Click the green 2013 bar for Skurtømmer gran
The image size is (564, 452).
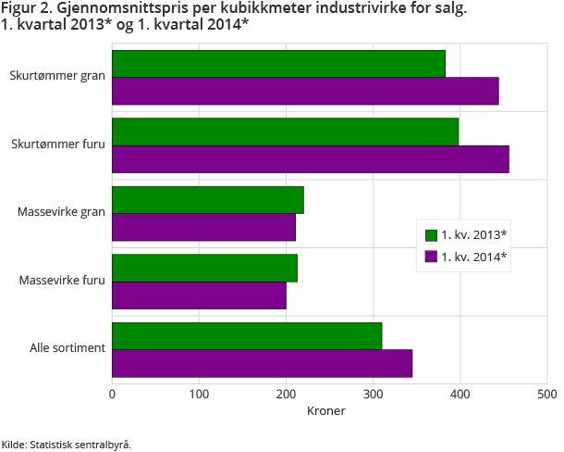coord(278,64)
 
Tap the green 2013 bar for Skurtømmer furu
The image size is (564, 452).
coord(285,132)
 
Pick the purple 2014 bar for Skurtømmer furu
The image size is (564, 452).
coord(311,158)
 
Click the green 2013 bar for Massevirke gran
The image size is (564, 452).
coord(208,200)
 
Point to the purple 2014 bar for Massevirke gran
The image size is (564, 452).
coord(203,227)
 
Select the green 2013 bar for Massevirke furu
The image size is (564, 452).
coord(204,269)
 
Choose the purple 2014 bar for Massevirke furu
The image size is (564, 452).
coord(199,295)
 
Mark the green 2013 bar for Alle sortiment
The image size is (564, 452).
coord(247,336)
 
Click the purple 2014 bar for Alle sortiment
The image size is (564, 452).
coord(262,363)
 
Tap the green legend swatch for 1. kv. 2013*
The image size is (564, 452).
coord(430,235)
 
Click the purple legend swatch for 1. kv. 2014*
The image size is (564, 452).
coord(430,257)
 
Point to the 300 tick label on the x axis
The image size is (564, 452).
coord(373,395)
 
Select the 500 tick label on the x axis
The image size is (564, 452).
coord(546,395)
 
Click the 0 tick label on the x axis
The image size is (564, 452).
coord(112,395)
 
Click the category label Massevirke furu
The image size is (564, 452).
coord(61,280)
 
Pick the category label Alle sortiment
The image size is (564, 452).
coord(67,348)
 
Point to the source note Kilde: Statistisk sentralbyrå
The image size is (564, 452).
coord(67,445)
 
